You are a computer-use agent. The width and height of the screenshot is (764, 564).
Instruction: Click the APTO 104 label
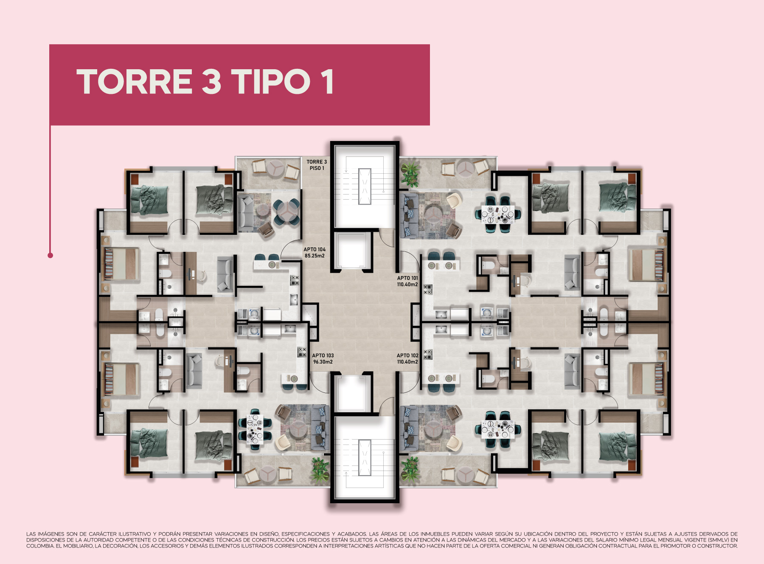(x=315, y=250)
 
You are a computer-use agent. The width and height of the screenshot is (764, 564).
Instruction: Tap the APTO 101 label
(x=407, y=278)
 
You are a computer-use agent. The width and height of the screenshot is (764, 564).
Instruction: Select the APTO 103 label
(x=323, y=355)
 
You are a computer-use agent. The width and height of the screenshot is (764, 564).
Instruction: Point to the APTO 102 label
(x=407, y=355)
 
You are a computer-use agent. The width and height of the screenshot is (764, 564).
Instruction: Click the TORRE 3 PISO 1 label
(x=317, y=165)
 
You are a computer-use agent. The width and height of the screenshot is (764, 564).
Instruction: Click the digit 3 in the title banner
(x=211, y=82)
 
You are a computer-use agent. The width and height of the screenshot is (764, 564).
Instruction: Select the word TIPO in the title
(x=270, y=82)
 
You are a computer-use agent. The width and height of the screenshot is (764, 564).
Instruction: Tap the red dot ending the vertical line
(x=50, y=255)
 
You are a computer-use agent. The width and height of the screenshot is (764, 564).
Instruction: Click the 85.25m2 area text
(x=315, y=256)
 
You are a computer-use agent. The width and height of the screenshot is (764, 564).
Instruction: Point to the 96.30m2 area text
(x=323, y=362)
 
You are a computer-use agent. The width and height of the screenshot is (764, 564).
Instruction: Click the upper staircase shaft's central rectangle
(x=365, y=186)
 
